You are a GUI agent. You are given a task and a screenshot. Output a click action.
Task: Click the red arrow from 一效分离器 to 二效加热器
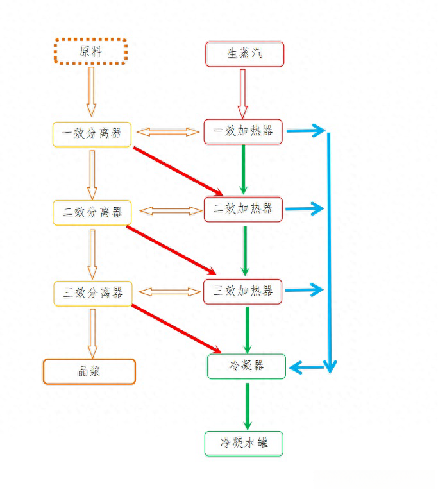click(178, 171)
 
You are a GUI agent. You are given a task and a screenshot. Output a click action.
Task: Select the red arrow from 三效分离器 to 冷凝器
click(176, 329)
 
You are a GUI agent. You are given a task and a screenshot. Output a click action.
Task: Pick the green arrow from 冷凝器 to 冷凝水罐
click(248, 407)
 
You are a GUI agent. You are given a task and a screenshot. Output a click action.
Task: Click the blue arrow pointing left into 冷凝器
click(307, 368)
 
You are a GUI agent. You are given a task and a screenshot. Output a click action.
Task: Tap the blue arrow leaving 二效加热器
click(305, 208)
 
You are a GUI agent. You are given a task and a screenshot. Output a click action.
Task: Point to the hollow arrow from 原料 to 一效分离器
click(91, 92)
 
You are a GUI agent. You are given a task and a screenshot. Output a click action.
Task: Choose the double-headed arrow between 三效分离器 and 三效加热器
click(170, 292)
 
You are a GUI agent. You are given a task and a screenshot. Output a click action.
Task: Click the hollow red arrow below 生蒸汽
click(242, 94)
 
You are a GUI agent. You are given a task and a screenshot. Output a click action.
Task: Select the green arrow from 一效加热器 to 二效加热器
click(244, 169)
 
